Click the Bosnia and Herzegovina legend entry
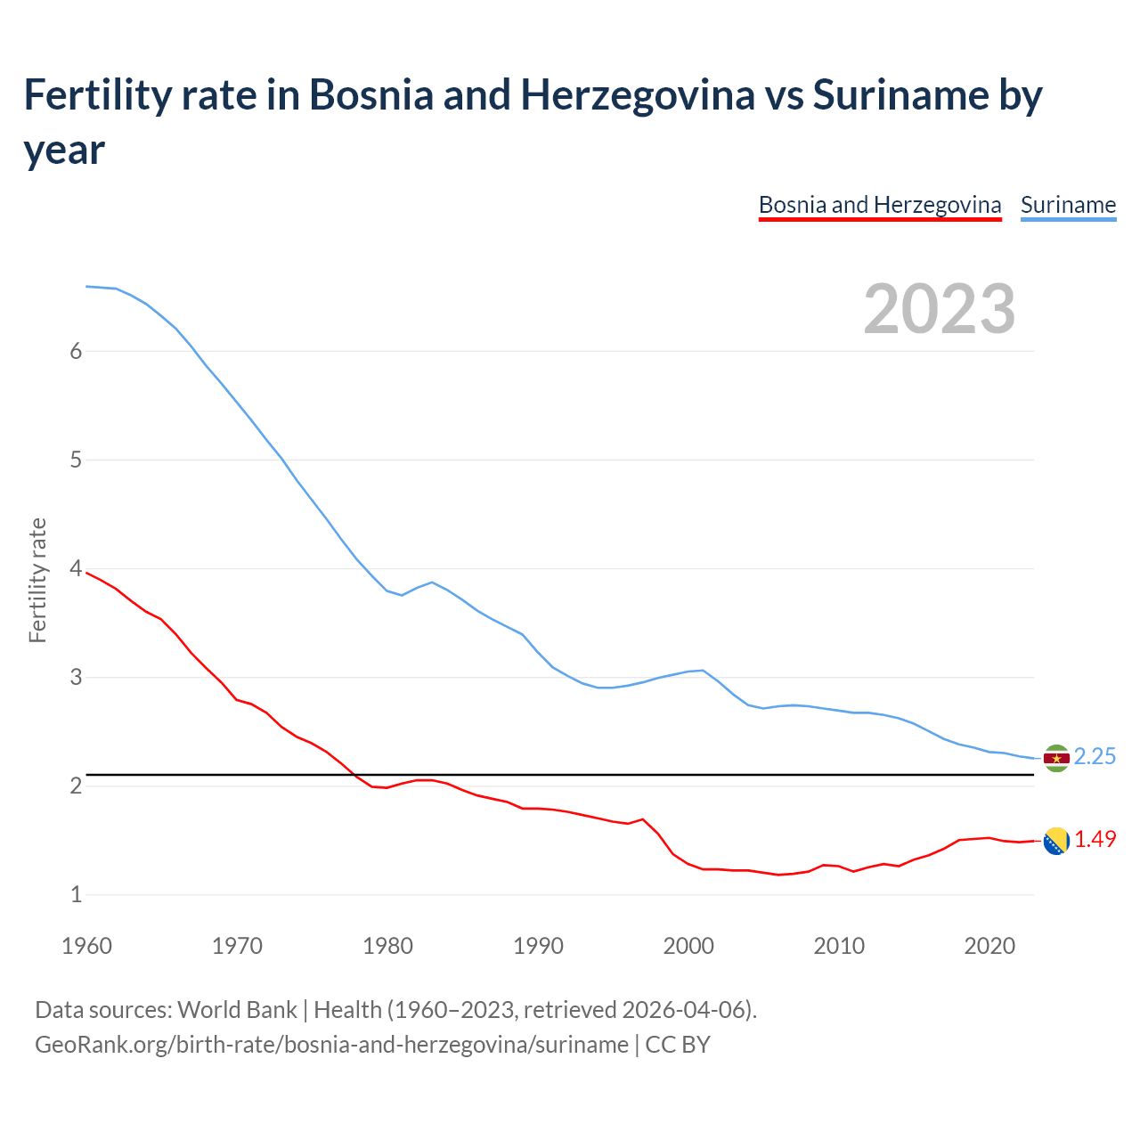click(880, 205)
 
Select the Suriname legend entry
click(1068, 205)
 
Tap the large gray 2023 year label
click(940, 309)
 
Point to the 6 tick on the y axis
click(76, 351)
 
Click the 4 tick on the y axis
click(76, 568)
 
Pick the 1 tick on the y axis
click(76, 894)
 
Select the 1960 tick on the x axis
click(86, 946)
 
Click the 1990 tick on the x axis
click(538, 946)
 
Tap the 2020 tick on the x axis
click(989, 946)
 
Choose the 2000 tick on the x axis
click(688, 946)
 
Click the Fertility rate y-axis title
click(37, 580)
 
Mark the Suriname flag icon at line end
click(1056, 758)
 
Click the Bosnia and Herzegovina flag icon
click(1056, 841)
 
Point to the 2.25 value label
click(1095, 757)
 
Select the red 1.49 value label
click(1095, 840)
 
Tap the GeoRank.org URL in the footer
click(331, 1044)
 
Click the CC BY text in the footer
click(678, 1044)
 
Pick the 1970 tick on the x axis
click(237, 946)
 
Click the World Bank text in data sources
click(237, 1010)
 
